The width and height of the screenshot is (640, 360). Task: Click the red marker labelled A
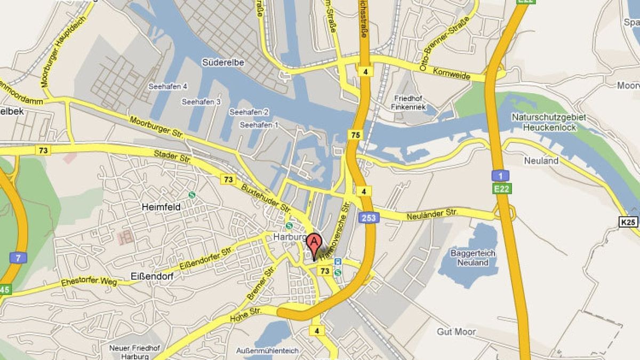tap(315, 244)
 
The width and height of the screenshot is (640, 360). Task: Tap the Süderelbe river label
tap(223, 62)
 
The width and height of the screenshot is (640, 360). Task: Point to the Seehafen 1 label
tap(259, 125)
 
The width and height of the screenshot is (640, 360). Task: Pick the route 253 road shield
tap(366, 217)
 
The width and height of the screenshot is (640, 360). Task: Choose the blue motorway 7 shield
tap(18, 259)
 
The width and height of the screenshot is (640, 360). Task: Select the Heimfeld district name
tap(161, 206)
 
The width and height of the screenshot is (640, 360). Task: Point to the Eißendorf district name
tap(149, 276)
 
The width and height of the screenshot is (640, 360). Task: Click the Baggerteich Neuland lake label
tap(469, 258)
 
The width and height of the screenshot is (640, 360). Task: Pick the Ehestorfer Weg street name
tap(88, 282)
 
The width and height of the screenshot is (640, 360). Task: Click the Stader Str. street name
tap(172, 158)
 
